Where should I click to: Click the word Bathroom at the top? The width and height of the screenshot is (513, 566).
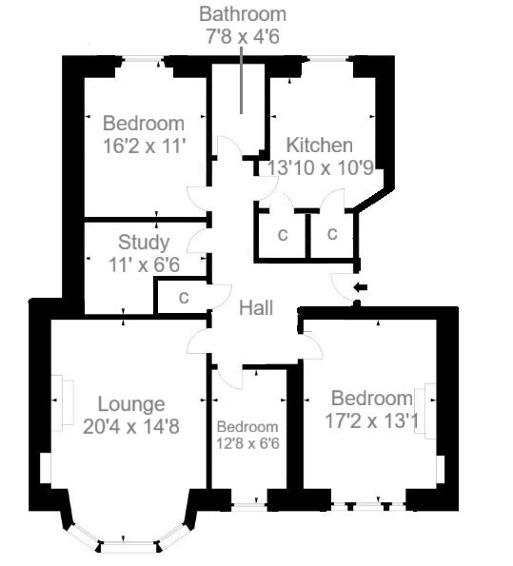242,15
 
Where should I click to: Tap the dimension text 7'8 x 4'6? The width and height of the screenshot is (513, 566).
242,37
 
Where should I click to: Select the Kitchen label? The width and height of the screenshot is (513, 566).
320,146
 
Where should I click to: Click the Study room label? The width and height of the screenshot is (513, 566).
144,243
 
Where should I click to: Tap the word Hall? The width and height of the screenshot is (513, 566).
256,308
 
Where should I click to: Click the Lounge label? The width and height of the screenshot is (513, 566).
131,403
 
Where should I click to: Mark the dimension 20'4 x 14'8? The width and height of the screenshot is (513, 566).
131,426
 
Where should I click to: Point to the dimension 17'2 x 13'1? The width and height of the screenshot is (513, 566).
373,419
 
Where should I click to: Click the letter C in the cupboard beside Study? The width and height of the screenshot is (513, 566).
184,298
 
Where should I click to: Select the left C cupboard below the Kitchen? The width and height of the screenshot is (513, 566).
283,234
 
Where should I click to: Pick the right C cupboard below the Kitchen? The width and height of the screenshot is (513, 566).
332,234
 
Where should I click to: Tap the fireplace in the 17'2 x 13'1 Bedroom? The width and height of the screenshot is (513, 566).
431,409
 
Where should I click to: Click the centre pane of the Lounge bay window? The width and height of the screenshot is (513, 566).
127,547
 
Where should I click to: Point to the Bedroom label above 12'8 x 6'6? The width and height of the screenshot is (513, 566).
247,427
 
